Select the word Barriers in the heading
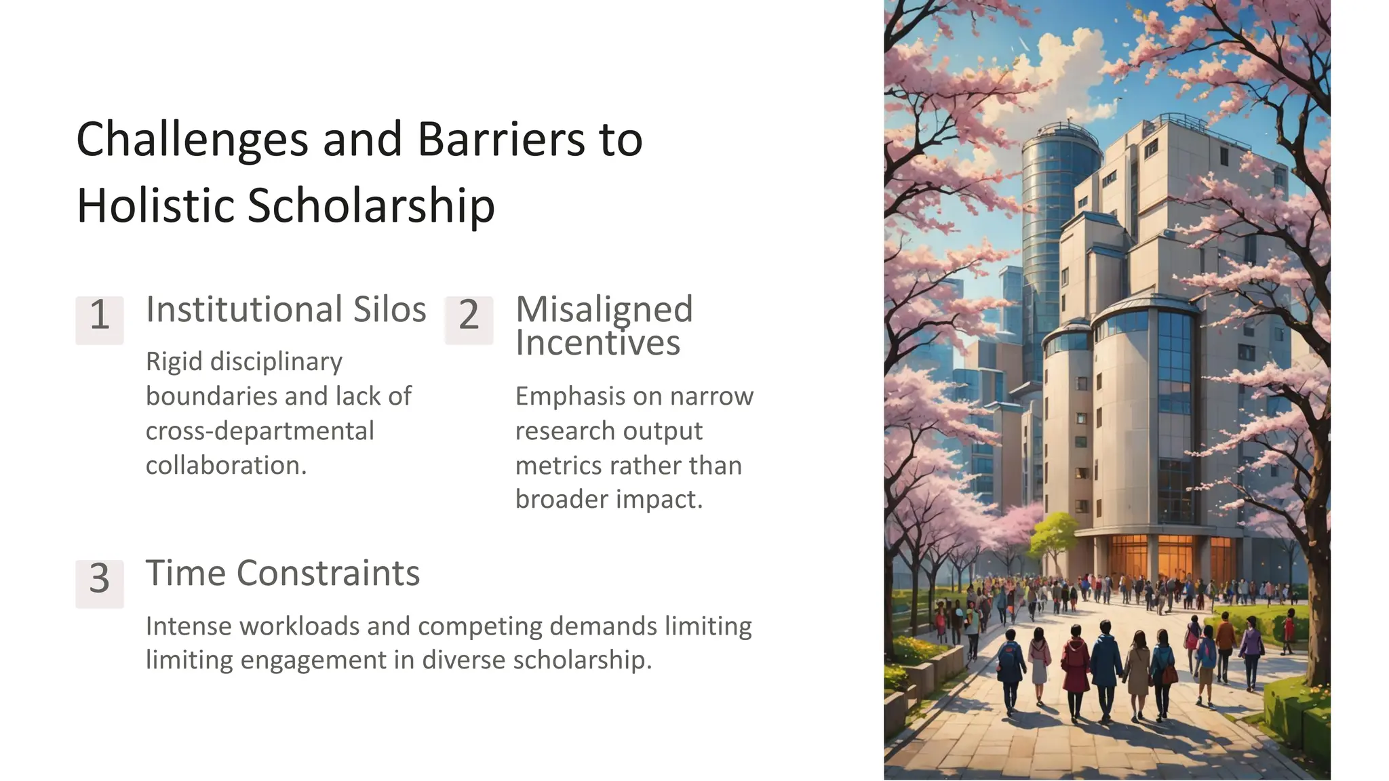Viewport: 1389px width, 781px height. (501, 140)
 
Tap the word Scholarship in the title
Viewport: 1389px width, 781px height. (370, 205)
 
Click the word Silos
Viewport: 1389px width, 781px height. (389, 310)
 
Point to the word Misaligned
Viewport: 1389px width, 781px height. (604, 310)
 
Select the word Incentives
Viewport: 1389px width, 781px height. (597, 342)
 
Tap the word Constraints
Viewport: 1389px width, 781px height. (328, 574)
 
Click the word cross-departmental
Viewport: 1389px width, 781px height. (260, 431)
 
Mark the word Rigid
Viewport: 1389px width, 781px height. (174, 362)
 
